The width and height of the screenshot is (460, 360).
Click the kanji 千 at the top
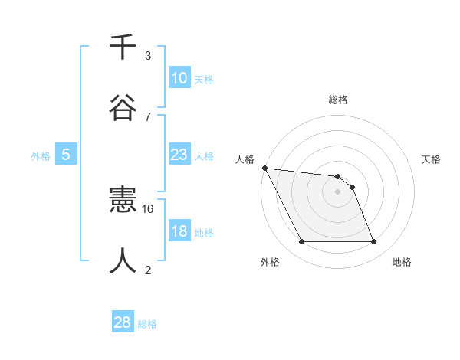point(123,48)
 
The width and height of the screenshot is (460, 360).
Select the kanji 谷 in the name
point(123,107)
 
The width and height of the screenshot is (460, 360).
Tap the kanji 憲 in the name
point(123,201)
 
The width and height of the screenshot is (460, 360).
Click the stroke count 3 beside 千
point(148,56)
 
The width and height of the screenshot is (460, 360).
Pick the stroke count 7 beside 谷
point(148,116)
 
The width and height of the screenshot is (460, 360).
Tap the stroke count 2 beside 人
point(148,270)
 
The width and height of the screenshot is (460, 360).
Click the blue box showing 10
point(179,78)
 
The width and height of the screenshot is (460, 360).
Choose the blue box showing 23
point(179,155)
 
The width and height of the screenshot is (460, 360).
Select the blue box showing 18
point(179,232)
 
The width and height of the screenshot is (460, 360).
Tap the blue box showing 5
point(66,155)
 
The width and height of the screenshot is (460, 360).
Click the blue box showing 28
point(123,322)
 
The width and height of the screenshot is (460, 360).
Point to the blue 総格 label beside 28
point(147,324)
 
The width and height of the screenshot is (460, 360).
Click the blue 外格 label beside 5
point(41,156)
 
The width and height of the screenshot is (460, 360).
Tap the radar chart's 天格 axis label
point(432,159)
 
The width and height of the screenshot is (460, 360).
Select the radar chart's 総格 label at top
point(338,100)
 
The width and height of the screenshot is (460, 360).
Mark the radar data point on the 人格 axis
point(264,168)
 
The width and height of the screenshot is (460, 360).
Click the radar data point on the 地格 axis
point(373,242)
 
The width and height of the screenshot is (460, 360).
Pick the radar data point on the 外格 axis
point(301,242)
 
